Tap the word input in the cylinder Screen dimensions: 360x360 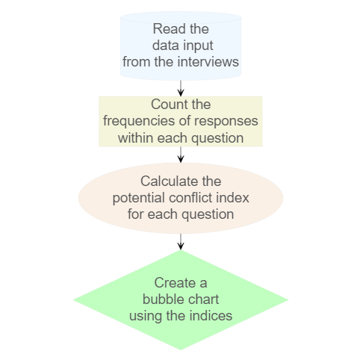pyautogui.click(x=197, y=46)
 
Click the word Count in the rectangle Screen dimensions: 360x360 pyautogui.click(x=167, y=104)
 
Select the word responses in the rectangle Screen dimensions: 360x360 pyautogui.click(x=226, y=122)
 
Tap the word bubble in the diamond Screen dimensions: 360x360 pyautogui.click(x=159, y=300)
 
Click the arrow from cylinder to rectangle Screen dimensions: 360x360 pyautogui.click(x=181, y=88)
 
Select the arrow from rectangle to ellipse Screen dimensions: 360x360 pyautogui.click(x=181, y=155)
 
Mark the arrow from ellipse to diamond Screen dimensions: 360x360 pyautogui.click(x=181, y=241)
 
